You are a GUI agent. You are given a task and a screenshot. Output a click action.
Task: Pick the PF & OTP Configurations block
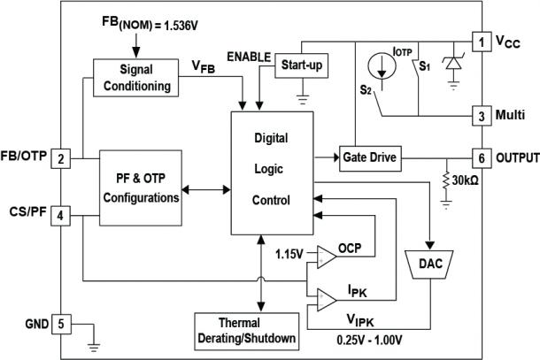pos(141,188)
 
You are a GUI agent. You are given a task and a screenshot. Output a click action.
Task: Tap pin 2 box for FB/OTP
pos(61,159)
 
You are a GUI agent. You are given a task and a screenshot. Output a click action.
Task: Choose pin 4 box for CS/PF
pos(61,213)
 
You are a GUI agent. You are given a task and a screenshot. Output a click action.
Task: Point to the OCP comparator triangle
pos(325,255)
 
